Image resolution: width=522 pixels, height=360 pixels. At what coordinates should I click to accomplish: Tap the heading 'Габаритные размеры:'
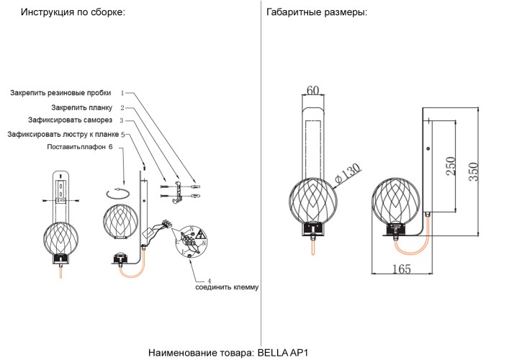(x=316, y=13)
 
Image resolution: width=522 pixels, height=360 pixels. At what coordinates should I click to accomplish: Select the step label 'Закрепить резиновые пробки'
(x=60, y=94)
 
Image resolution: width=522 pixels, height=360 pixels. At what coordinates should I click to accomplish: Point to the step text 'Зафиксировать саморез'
(x=70, y=120)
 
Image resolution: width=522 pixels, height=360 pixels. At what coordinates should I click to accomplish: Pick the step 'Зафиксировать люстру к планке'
(x=63, y=134)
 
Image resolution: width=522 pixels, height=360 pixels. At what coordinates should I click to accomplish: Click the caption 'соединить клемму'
(x=226, y=287)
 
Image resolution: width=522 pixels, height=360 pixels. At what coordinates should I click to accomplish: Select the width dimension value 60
(x=313, y=90)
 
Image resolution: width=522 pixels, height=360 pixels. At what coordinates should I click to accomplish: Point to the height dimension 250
(x=449, y=166)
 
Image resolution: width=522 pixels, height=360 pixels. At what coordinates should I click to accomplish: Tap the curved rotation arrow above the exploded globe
(x=117, y=192)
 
